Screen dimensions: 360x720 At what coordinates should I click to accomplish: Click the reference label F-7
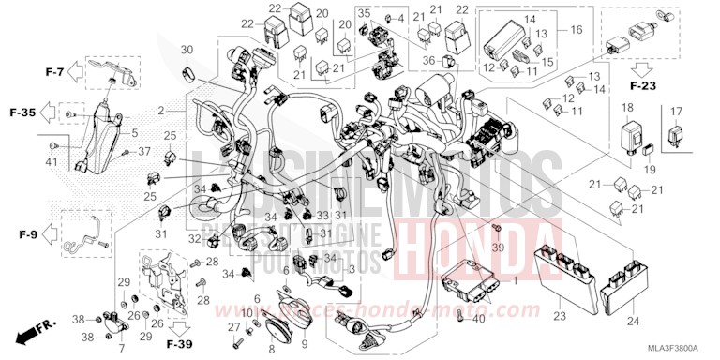54,71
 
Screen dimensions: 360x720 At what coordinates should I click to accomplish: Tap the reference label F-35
23,112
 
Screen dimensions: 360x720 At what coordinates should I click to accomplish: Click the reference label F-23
644,85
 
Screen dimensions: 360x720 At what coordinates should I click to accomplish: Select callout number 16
576,30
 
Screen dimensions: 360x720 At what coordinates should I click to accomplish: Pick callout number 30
187,50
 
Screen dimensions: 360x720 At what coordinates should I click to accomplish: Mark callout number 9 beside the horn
304,344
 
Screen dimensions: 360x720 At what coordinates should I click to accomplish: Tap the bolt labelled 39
495,230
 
